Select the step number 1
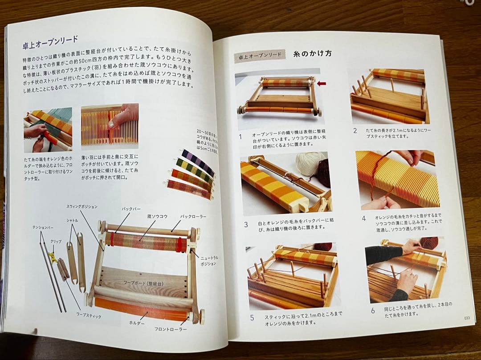(x=240, y=137)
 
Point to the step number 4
(x=363, y=218)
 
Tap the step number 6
(x=373, y=311)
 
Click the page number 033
(x=466, y=317)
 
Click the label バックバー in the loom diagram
(x=131, y=209)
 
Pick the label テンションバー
(x=43, y=227)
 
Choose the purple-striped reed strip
(x=199, y=162)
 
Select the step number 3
(x=246, y=224)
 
